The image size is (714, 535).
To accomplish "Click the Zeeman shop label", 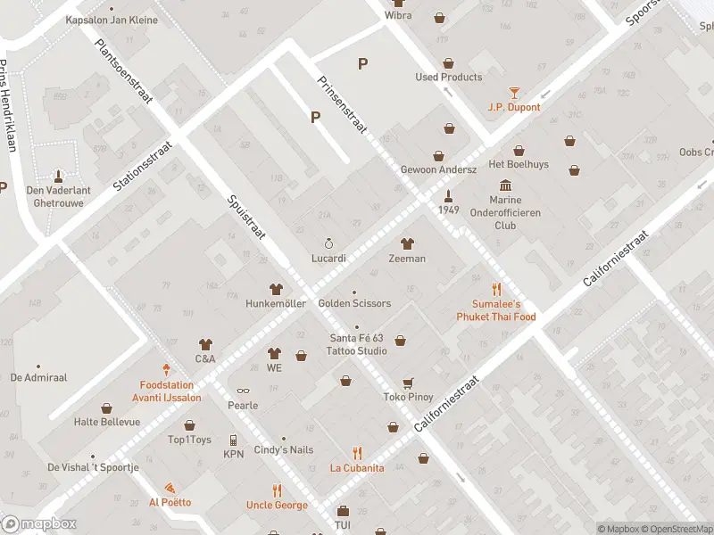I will tap(407, 259).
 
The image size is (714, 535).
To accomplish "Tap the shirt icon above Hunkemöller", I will tap(276, 289).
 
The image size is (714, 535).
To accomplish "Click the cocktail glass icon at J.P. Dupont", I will tap(514, 93).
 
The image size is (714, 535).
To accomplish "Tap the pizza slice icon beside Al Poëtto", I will tap(169, 489).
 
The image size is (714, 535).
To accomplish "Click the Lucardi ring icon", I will tap(328, 243).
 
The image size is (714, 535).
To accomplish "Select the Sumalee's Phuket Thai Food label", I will tap(496, 310).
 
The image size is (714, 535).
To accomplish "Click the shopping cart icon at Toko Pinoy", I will tap(408, 383).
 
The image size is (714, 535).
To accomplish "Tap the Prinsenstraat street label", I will tap(342, 104).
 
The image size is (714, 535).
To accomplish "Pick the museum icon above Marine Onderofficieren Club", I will tap(506, 185).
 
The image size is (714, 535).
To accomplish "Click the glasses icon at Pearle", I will tap(242, 391).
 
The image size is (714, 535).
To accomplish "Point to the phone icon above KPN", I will tap(233, 440).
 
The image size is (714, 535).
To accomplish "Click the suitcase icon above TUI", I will tap(343, 511).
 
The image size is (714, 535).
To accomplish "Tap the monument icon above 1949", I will tap(449, 194).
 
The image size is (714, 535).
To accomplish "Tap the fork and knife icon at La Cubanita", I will tap(357, 453).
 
